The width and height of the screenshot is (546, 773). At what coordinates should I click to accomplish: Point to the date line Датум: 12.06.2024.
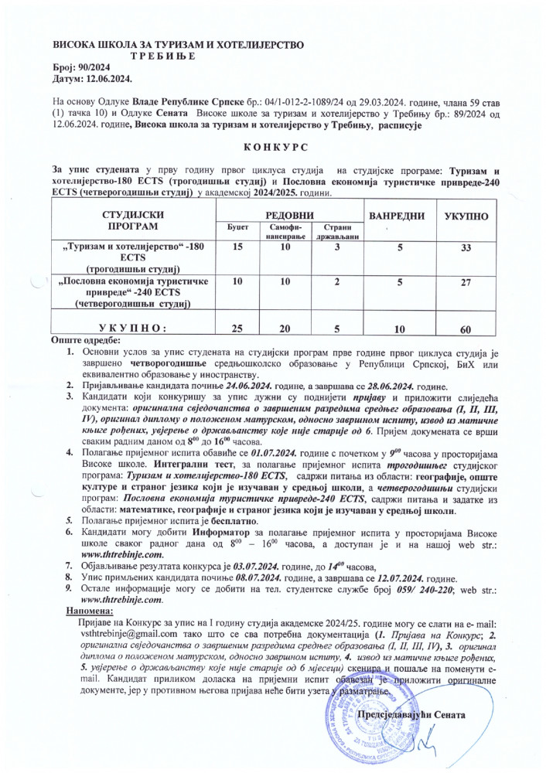coord(93,79)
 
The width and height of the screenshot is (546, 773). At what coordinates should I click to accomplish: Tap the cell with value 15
coord(237,247)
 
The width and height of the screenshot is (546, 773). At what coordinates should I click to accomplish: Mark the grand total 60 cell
coord(466,329)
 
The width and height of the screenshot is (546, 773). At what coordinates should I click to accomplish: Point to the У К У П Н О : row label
coord(134,329)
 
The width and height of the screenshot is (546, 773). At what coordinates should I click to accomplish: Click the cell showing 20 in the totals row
coord(285,329)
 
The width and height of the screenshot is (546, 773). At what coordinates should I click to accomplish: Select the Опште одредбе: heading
coord(85,341)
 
